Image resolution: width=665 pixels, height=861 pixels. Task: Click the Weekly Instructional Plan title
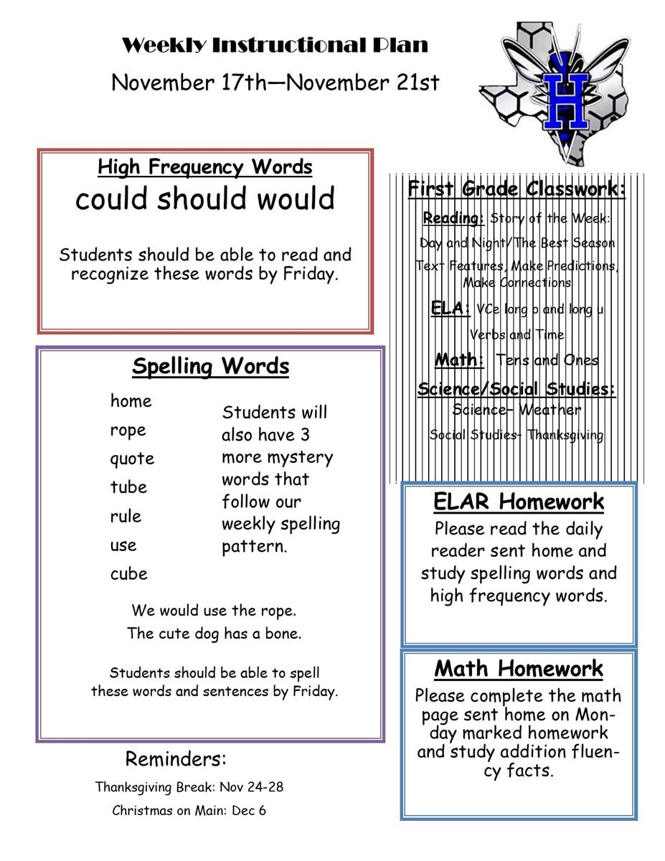[x=275, y=45]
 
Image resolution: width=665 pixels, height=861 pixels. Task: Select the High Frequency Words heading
[x=205, y=167]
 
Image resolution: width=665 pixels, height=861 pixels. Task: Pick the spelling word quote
[x=132, y=458]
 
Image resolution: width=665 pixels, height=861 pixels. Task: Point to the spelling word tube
[x=128, y=487]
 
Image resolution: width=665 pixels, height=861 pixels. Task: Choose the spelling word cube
[x=129, y=573]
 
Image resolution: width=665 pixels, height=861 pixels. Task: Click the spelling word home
[x=131, y=401]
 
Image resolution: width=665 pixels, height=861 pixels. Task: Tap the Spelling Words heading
[x=211, y=367]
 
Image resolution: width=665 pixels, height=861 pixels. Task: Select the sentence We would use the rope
[x=214, y=611]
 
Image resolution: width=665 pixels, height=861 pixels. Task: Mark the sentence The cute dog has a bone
[x=214, y=633]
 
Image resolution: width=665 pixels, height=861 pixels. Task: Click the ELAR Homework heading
[x=519, y=502]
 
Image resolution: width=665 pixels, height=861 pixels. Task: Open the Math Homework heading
[x=519, y=669]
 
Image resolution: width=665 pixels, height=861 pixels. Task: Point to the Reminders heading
[x=176, y=758]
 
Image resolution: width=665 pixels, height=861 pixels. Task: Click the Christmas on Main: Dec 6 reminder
[x=189, y=811]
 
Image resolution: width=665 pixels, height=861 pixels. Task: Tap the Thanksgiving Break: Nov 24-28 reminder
[x=189, y=786]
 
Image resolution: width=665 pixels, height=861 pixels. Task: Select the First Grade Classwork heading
[x=517, y=189]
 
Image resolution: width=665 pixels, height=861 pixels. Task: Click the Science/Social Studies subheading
[x=517, y=389]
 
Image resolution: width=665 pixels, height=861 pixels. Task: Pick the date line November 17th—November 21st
[x=275, y=83]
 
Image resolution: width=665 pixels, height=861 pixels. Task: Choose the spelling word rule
[x=126, y=516]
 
